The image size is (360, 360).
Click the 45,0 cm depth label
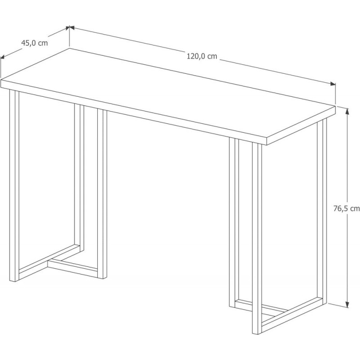click(35, 43)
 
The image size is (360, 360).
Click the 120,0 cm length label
click(202, 56)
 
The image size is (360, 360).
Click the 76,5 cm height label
click(346, 208)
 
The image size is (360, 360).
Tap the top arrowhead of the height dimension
click(347, 111)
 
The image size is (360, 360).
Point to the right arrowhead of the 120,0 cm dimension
click(333, 84)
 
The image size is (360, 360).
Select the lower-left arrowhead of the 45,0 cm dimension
click(3, 57)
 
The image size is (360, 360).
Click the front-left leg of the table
click(14, 185)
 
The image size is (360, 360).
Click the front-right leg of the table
click(257, 238)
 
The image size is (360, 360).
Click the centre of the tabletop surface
click(168, 94)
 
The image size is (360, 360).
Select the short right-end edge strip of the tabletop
click(301, 126)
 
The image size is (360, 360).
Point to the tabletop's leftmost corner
click(1, 80)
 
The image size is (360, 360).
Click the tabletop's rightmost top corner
click(335, 106)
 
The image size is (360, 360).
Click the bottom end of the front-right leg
click(257, 333)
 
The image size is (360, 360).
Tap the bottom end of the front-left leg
click(14, 281)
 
